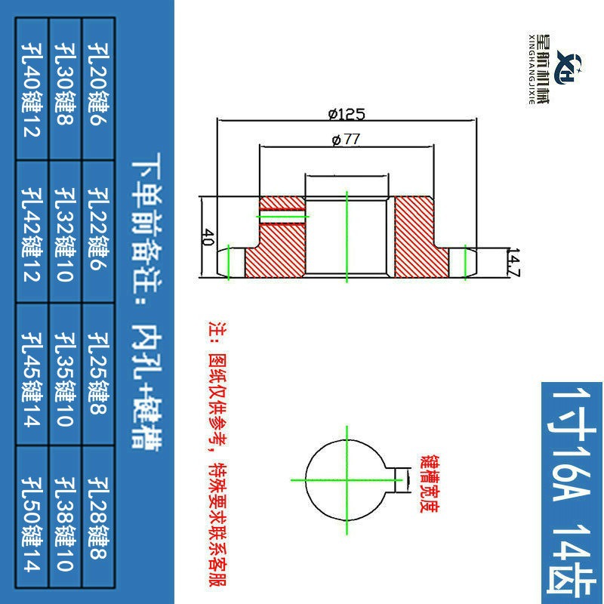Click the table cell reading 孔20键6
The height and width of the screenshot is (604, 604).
(99, 89)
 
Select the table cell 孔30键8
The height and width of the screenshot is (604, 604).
(66, 89)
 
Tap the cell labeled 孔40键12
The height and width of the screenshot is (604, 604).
(32, 89)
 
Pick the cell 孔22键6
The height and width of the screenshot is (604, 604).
(99, 232)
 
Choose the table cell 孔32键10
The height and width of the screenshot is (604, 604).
(66, 232)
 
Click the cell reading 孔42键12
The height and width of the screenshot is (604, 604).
(32, 232)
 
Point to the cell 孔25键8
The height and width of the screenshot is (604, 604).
(99, 374)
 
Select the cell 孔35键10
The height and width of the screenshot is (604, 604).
(66, 374)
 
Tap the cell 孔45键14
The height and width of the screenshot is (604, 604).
(32, 374)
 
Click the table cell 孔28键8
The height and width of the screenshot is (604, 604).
(99, 516)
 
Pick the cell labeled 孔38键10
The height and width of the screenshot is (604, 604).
(66, 516)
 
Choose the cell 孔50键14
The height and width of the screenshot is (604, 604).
(32, 516)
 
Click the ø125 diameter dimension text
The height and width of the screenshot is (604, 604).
(347, 114)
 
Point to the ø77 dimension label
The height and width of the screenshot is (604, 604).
(346, 140)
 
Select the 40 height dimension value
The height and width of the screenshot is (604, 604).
(208, 237)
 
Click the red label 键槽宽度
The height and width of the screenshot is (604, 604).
(430, 484)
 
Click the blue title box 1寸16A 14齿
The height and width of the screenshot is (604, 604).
(572, 493)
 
